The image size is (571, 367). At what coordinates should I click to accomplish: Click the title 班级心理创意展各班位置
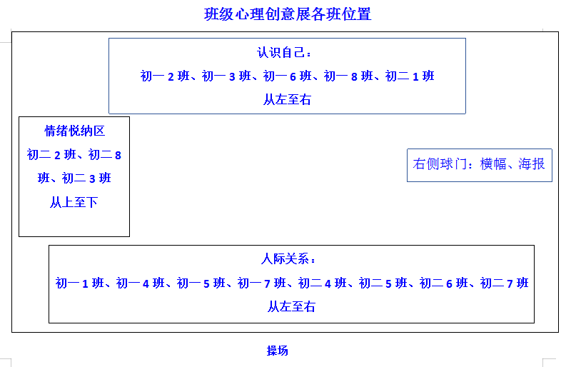pos(288,14)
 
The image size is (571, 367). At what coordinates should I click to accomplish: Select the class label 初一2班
pos(165,76)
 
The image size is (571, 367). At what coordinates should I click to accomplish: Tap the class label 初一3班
pos(226,76)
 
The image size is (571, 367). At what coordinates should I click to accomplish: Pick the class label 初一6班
pos(288,76)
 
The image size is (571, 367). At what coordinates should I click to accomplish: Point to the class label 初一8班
pos(348,76)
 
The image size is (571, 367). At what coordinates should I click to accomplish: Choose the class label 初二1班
pos(410,76)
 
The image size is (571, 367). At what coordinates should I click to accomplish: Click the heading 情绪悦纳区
pos(75,131)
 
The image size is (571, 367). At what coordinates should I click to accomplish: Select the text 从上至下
pos(74,202)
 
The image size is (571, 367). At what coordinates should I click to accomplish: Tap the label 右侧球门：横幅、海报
pos(479,164)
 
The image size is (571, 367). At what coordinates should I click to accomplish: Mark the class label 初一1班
pos(80,283)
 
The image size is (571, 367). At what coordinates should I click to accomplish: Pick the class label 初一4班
pos(141,283)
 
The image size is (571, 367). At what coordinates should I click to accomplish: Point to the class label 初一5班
pos(201,283)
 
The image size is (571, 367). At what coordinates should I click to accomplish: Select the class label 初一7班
pos(262,283)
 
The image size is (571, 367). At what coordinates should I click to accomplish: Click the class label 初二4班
pos(323,283)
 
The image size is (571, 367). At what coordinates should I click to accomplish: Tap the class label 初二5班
pos(383,283)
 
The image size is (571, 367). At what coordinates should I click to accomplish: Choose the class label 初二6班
pos(444,283)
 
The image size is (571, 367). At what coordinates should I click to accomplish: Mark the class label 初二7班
pos(505,283)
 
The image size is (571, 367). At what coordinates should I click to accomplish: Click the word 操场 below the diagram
pos(278,351)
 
